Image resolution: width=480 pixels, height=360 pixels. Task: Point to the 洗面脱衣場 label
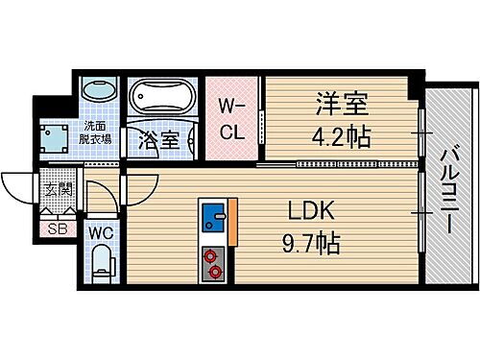point(95,132)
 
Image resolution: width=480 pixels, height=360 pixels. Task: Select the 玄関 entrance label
point(50,189)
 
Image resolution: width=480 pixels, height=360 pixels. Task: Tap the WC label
point(102,231)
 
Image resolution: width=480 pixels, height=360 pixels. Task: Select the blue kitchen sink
point(212,219)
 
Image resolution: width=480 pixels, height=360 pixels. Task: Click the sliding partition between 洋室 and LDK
point(336,164)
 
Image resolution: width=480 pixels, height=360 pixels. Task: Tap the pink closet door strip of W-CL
point(258,121)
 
